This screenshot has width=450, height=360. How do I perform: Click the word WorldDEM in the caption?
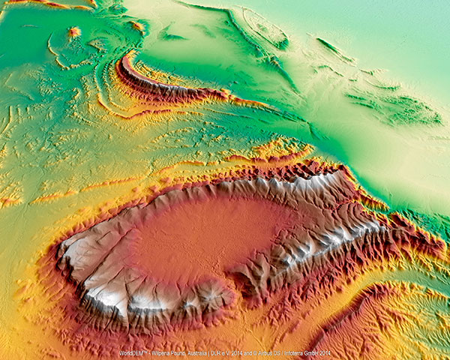(132, 352)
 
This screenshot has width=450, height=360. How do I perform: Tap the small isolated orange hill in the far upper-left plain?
(74, 31)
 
